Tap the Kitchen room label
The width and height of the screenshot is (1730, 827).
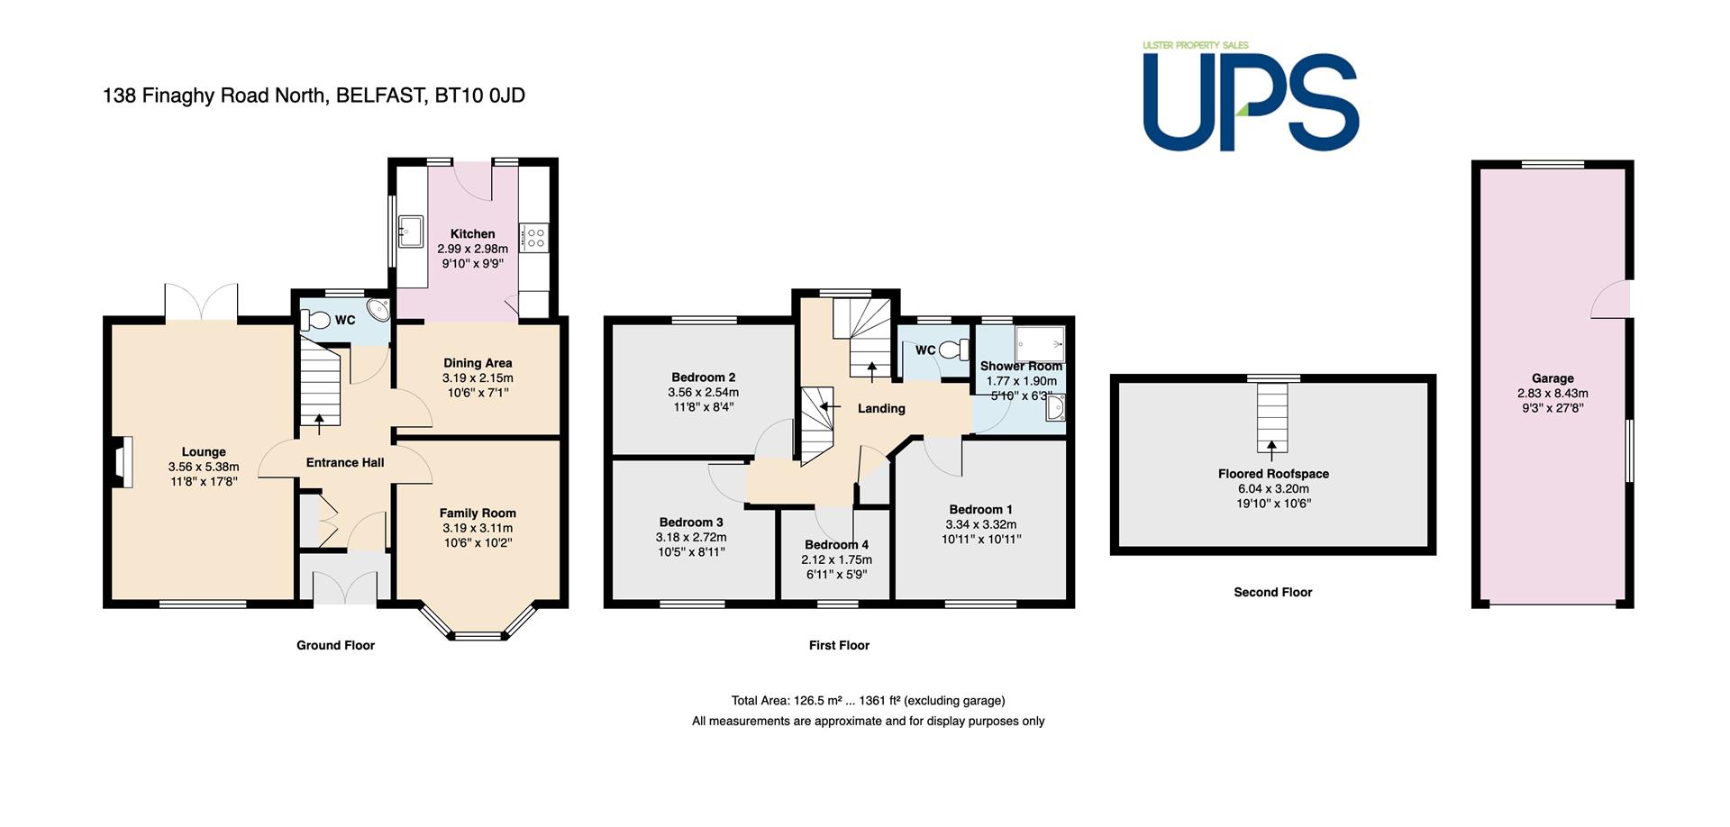coord(473,233)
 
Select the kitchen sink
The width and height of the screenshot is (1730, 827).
coord(411,231)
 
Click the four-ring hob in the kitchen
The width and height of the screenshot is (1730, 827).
coord(535,238)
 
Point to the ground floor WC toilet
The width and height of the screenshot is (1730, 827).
coord(315,320)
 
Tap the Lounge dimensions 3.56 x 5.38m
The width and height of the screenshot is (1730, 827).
coord(204,467)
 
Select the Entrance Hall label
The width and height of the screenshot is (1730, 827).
coord(345,462)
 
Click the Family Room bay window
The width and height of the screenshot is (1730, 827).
coord(478,622)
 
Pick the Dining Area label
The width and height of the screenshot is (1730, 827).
coord(478,363)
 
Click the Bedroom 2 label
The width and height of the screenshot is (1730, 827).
coord(704,377)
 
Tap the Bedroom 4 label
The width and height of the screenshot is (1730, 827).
coord(837,544)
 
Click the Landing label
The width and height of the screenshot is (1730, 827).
coord(881,408)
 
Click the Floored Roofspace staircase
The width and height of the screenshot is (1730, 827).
coord(1272,417)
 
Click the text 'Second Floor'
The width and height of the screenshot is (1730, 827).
coord(1273,592)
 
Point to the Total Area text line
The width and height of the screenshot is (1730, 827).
coord(868,700)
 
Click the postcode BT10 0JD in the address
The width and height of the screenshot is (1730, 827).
coord(479,95)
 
